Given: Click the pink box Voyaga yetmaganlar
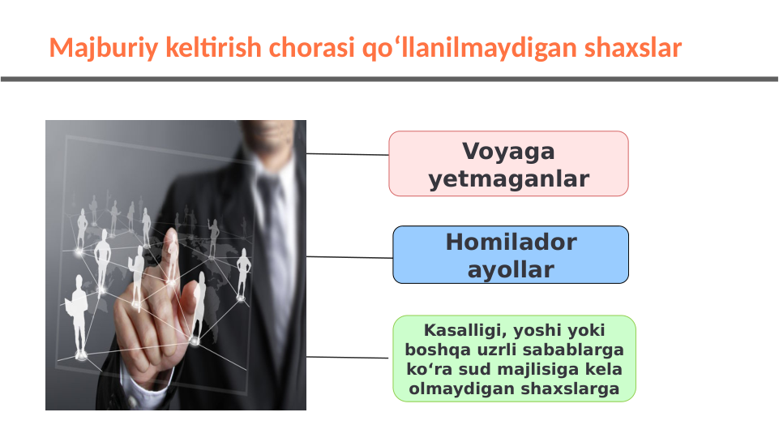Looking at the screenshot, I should coord(508,164).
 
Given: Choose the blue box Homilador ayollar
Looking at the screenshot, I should coord(511,255).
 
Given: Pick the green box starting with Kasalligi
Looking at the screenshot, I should coord(514,359).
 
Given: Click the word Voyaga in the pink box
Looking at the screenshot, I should coord(508,152).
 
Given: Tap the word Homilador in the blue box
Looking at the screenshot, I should coord(511,242).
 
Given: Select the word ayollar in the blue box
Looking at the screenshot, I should coord(511,269).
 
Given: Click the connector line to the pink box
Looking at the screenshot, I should coord(347,153).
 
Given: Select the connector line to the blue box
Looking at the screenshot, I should coord(349,257).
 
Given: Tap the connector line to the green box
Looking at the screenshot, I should coord(349,357).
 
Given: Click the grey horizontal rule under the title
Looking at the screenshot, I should coord(389,79).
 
